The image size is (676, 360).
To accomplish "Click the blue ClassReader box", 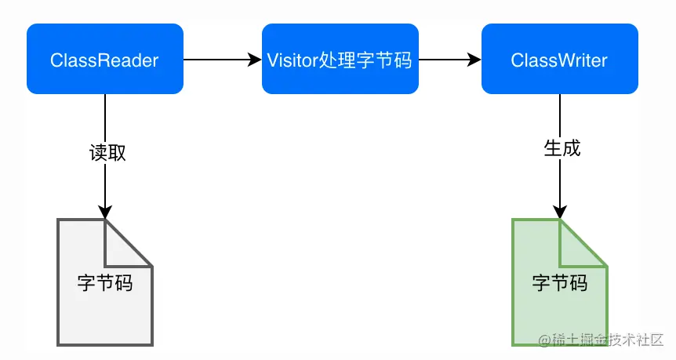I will (x=104, y=60).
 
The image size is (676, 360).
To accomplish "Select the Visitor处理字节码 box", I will (x=340, y=60).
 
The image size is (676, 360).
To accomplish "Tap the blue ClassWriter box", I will (x=559, y=60).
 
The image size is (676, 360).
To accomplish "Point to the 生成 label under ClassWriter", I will (x=562, y=147).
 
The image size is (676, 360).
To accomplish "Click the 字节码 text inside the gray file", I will (x=104, y=282).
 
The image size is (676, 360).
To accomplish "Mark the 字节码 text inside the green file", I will (x=559, y=282).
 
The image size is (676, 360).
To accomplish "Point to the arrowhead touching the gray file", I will (x=104, y=212).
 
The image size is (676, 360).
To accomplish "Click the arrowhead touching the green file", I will (x=559, y=212).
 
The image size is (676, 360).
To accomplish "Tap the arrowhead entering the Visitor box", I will (x=255, y=60).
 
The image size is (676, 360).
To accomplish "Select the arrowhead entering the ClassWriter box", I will (x=474, y=60).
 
